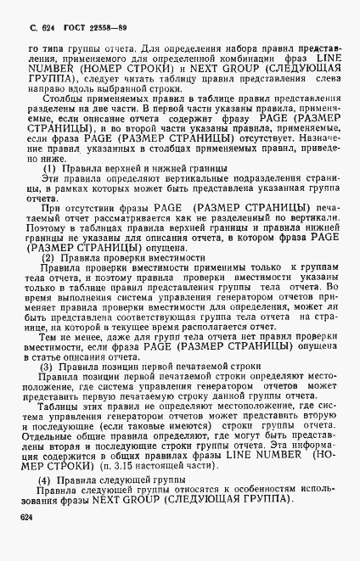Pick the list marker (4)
(48, 480)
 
